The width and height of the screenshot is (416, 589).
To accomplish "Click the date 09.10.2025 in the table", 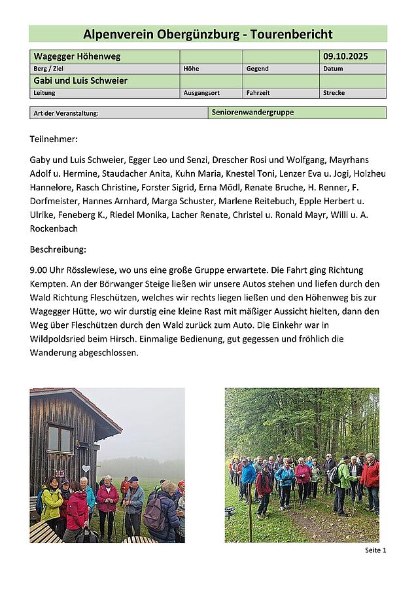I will coord(345,57).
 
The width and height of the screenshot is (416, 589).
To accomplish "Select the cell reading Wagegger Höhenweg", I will coord(77,57).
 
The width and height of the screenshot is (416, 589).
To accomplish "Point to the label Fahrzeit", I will coord(258,93).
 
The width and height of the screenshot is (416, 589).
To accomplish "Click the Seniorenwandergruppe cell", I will coord(252,113).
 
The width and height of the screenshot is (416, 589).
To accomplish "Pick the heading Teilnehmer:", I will coord(54,139).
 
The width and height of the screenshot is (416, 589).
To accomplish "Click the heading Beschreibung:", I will coord(58,249).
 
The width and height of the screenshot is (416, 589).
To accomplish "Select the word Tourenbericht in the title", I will coord(294,34).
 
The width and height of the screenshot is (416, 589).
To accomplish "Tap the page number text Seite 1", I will coord(375,550).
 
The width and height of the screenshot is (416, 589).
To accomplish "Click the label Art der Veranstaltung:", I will coord(66,113).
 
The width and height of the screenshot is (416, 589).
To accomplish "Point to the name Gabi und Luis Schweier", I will coord(80,81).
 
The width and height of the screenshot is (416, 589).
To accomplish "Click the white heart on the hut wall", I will coord(86,469).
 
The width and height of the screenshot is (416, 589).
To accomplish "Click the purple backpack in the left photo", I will coord(154,514).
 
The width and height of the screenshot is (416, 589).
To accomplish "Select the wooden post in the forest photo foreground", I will coord(250,520).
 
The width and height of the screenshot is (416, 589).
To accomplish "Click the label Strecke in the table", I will coord(334,93).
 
